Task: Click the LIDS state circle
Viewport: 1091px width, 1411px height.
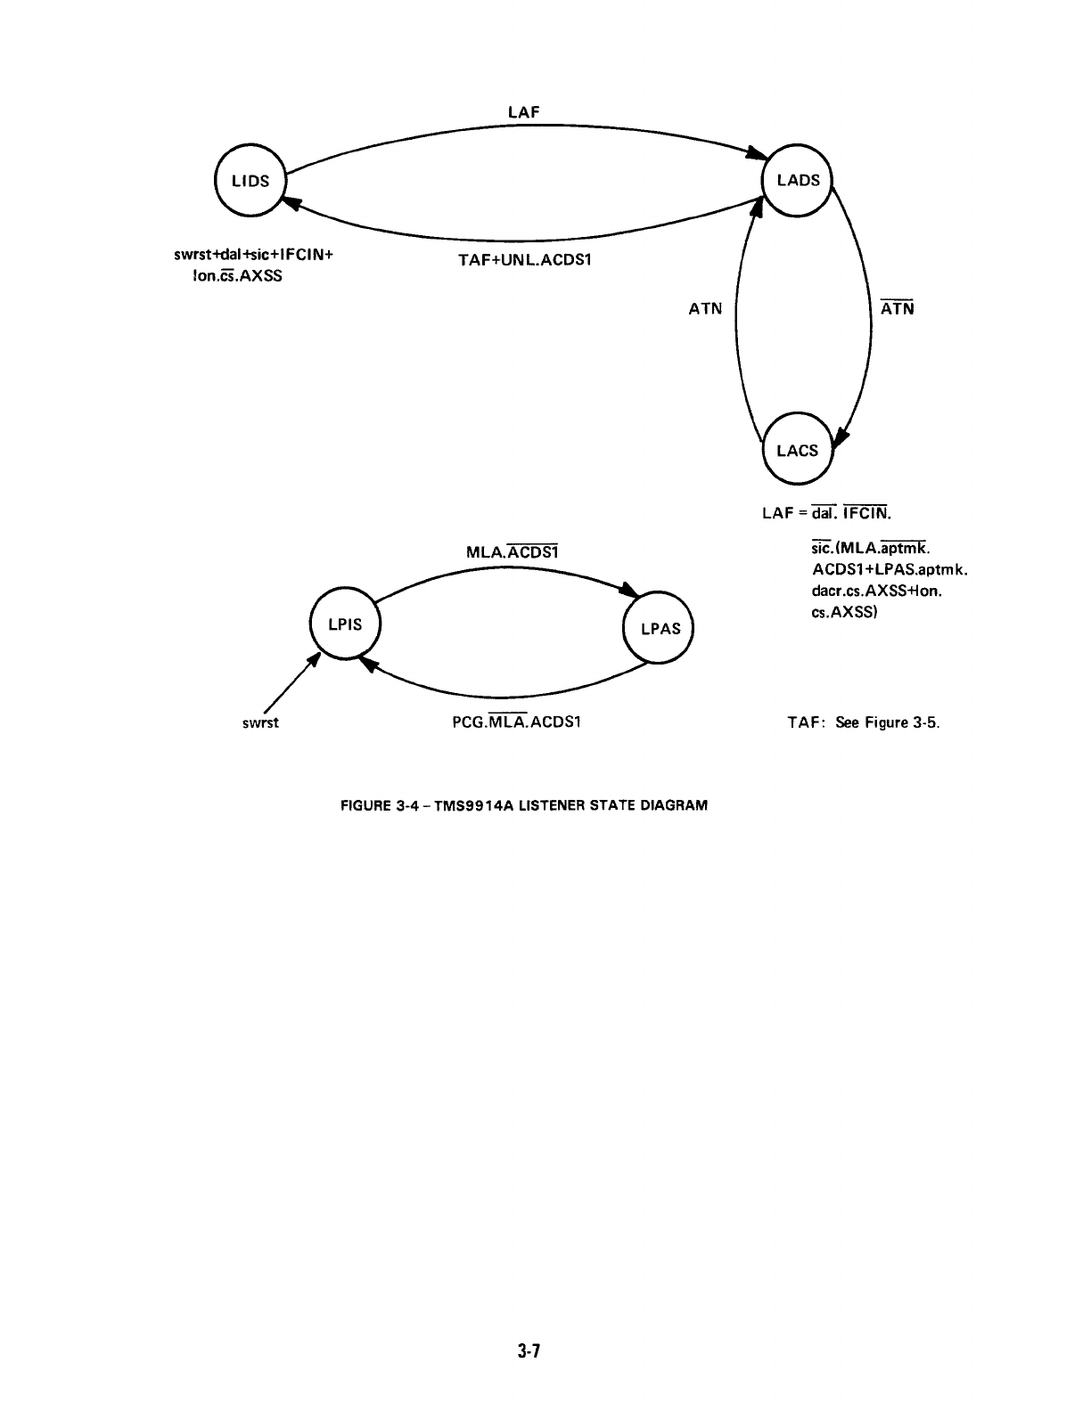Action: pos(250,181)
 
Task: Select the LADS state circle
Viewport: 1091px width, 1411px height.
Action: pos(797,180)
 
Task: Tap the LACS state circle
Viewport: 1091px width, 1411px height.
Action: pos(797,451)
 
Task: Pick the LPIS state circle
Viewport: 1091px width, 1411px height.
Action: pos(344,624)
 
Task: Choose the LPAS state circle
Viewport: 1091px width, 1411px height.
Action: pos(660,628)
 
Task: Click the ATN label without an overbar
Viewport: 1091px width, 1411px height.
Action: pos(705,310)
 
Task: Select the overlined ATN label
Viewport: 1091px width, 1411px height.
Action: pos(897,310)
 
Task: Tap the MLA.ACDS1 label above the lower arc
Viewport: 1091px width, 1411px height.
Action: pos(513,552)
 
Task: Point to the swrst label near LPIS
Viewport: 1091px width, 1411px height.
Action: pos(260,722)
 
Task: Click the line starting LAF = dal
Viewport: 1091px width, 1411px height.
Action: pos(825,514)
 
